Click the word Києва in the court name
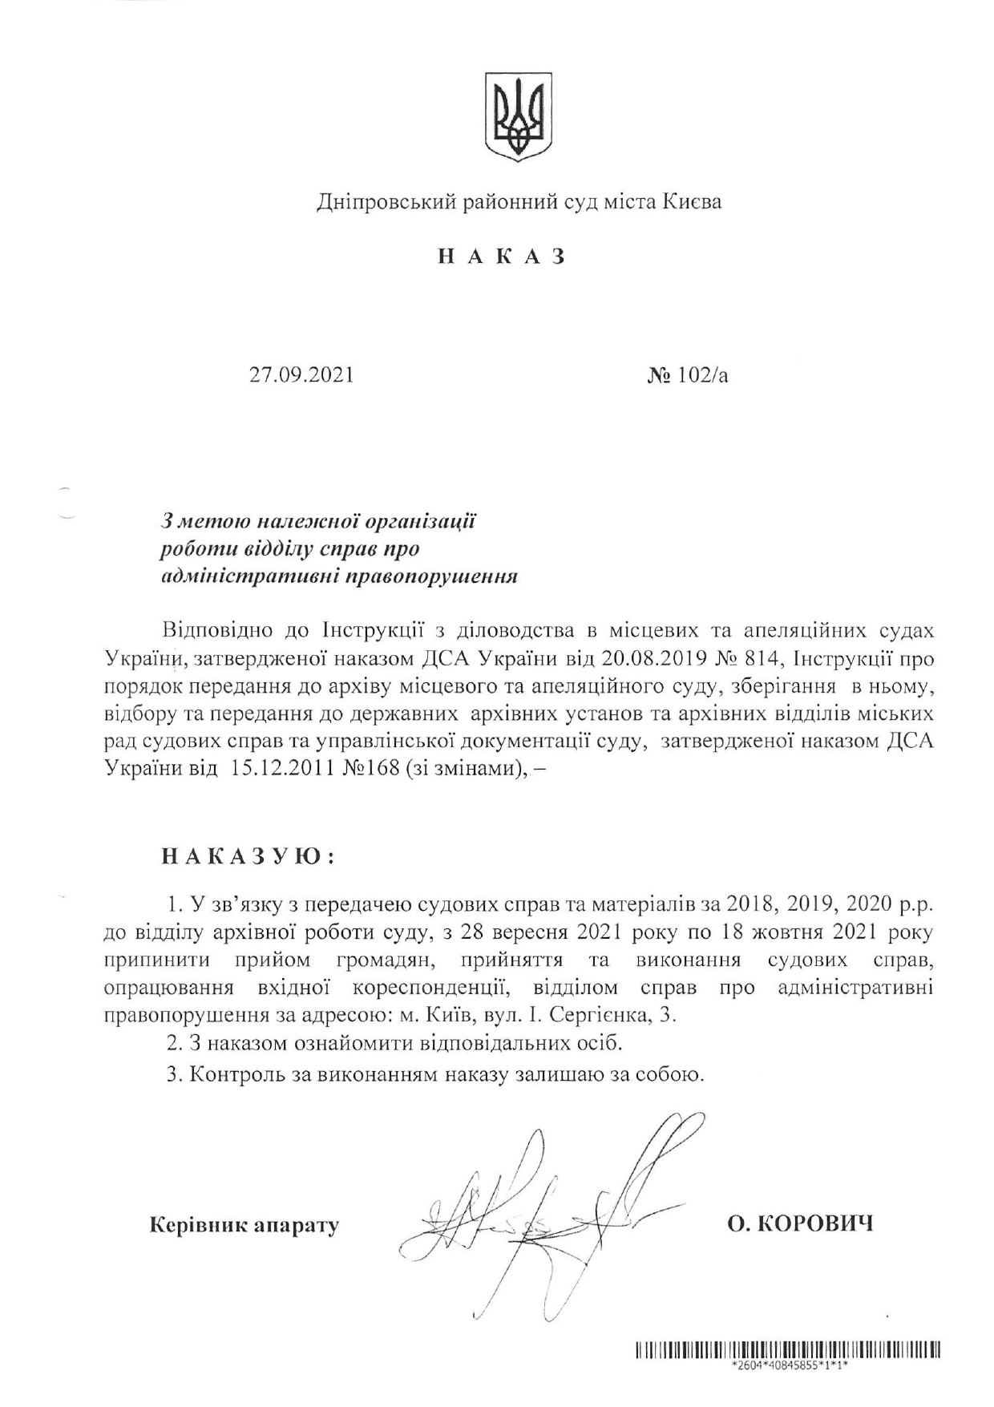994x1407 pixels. click(x=691, y=202)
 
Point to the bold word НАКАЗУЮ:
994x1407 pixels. click(x=248, y=856)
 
